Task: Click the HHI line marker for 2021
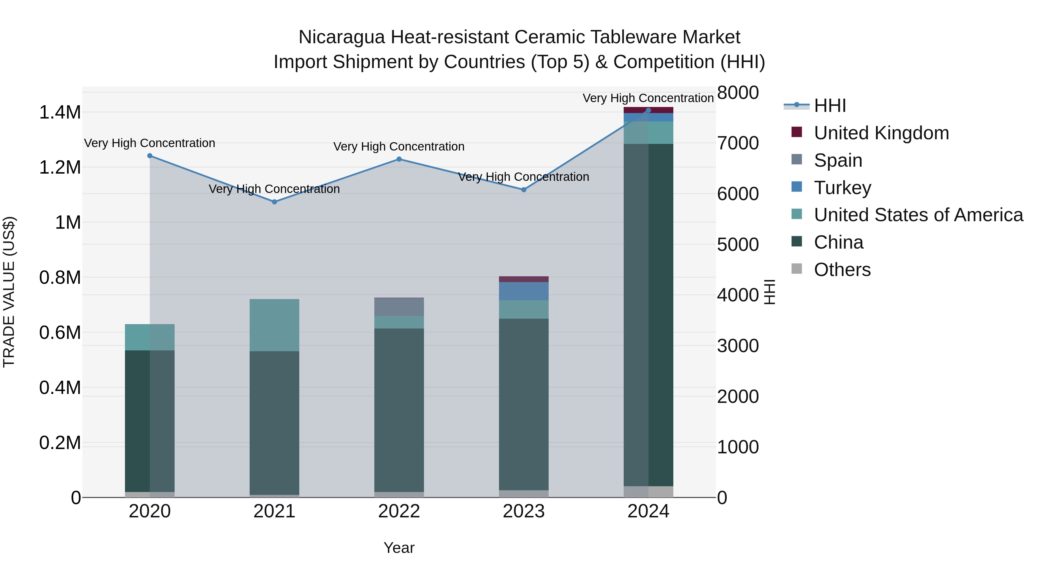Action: (x=274, y=202)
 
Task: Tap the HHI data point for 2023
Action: (x=524, y=189)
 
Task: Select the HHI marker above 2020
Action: (x=150, y=155)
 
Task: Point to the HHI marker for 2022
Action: (x=399, y=159)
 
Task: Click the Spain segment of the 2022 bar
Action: (x=399, y=307)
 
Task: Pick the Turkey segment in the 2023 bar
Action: (x=524, y=291)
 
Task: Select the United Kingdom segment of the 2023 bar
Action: (x=524, y=279)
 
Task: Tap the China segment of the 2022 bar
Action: (x=399, y=410)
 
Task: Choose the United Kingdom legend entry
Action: (x=881, y=133)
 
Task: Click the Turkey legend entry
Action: (x=842, y=188)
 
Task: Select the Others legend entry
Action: (x=842, y=270)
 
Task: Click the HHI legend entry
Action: (x=830, y=106)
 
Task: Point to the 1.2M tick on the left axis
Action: (x=60, y=167)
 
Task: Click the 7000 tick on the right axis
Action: (x=738, y=143)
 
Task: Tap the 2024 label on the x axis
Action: (x=648, y=511)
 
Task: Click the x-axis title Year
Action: (x=399, y=548)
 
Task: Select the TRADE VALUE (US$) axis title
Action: (x=9, y=292)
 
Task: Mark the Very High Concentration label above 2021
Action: (x=274, y=189)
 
